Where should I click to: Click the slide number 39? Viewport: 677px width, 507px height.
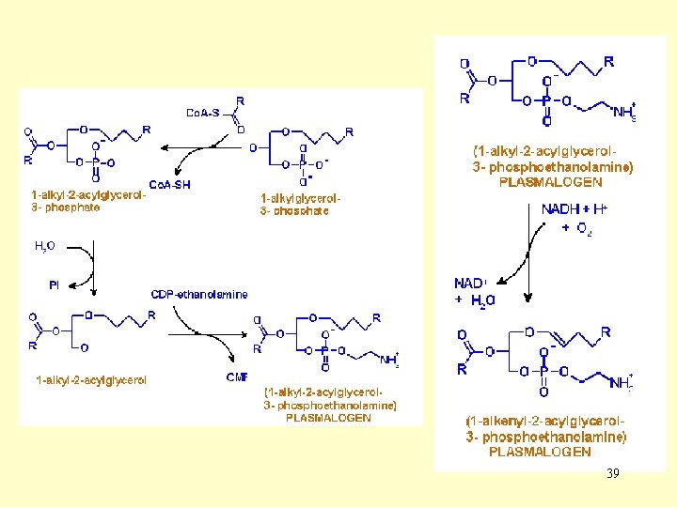(x=613, y=473)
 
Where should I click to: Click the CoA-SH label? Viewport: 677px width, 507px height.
(x=169, y=185)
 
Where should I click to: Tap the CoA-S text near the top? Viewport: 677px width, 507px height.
(x=202, y=114)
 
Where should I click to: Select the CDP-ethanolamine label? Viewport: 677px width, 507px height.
(x=199, y=294)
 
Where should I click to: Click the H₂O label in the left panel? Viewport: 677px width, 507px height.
(x=44, y=246)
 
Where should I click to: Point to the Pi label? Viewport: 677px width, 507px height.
(x=55, y=284)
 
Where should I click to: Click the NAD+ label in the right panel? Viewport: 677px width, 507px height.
(x=471, y=284)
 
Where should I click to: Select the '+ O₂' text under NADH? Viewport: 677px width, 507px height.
(x=577, y=228)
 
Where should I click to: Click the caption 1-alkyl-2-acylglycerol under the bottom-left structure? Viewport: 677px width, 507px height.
(x=90, y=380)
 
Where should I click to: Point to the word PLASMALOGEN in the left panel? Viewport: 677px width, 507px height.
(x=328, y=418)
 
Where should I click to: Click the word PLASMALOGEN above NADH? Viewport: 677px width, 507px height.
(x=550, y=181)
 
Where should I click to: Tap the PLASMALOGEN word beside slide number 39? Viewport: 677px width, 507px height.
(x=540, y=452)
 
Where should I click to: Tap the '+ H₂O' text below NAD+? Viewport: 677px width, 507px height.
(x=475, y=300)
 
